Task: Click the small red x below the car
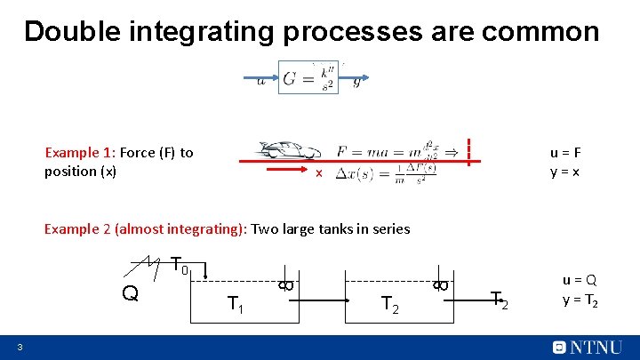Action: (x=318, y=172)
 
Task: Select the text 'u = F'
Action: (x=565, y=152)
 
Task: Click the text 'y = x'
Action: (x=565, y=171)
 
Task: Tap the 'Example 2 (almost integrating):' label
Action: (x=146, y=229)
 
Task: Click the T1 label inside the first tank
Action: (x=236, y=305)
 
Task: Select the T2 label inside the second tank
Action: (x=389, y=305)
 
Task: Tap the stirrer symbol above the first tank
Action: (x=284, y=284)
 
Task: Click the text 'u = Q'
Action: (x=580, y=280)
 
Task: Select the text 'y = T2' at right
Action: (x=580, y=300)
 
